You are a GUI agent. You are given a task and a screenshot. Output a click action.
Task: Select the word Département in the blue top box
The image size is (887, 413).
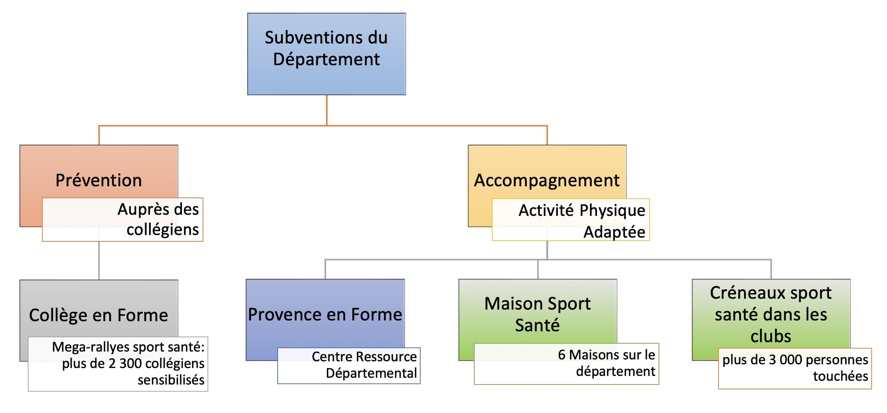coord(326,60)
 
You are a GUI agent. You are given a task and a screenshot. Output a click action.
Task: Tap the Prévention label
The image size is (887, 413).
coord(99,180)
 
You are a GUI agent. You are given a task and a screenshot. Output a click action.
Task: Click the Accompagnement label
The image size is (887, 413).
coord(547,181)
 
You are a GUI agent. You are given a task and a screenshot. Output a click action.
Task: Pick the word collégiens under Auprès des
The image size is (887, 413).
coord(163,230)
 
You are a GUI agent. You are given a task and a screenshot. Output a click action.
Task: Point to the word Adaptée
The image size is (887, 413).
coord(614,232)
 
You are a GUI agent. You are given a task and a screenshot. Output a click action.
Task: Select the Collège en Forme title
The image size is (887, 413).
coord(98,316)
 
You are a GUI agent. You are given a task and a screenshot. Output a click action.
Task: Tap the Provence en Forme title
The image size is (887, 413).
coord(325,315)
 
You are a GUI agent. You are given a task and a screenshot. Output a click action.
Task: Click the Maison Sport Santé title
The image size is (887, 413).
coord(537,314)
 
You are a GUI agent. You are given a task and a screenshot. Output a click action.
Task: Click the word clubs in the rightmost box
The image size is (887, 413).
coord(771,336)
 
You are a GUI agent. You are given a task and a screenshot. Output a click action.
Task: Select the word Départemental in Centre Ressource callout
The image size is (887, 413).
coord(371,373)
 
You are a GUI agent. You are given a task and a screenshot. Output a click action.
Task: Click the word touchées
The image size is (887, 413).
coord(840,376)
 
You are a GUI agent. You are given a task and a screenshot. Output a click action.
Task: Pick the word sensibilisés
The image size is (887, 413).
coord(171,380)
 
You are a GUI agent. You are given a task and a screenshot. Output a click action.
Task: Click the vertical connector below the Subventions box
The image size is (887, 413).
coord(327,110)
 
